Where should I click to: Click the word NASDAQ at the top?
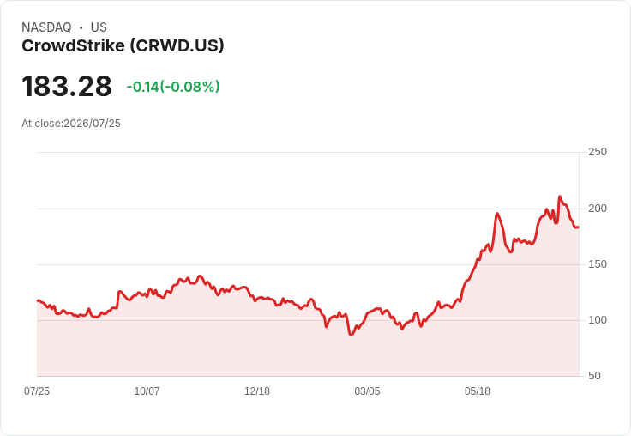pos(46,27)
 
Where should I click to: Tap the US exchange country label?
pos(99,27)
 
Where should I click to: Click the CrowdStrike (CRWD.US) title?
pos(123,45)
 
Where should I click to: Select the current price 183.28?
pos(67,86)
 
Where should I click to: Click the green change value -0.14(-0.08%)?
pos(173,87)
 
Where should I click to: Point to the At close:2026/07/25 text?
pos(71,124)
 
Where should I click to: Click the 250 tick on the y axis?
pos(598,152)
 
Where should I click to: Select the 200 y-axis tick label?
pos(598,209)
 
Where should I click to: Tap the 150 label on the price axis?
pos(598,264)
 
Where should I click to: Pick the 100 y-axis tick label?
pos(598,320)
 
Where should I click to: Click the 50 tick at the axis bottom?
pos(594,376)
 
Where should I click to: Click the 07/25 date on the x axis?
pos(37,391)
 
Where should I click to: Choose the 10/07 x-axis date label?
pos(147,391)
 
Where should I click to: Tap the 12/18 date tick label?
pos(257,391)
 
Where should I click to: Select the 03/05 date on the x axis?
pos(367,391)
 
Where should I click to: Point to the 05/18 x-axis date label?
pos(478,391)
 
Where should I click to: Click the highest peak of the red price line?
pos(560,197)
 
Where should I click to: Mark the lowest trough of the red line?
pos(351,335)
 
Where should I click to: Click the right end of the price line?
pos(579,227)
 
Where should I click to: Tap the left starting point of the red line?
pos(38,300)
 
